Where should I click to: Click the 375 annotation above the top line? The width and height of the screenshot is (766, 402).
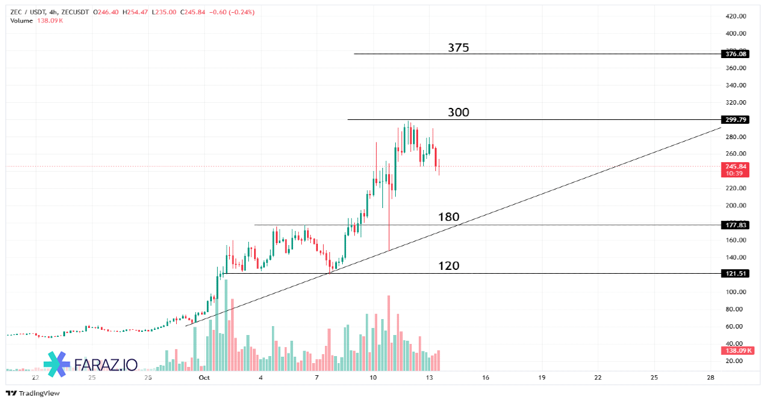pos(458,48)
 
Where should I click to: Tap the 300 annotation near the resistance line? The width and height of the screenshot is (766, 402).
pos(458,113)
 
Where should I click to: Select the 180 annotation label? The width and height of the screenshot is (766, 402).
pos(449,218)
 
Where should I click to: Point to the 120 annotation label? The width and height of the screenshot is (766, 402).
pos(449,266)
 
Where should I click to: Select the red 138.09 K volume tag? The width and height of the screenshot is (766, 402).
pos(737,350)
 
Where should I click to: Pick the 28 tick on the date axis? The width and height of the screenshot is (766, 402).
pos(710,378)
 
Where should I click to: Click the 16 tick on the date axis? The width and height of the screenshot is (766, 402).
pos(486,378)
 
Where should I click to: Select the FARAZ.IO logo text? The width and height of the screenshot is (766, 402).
pos(106,364)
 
